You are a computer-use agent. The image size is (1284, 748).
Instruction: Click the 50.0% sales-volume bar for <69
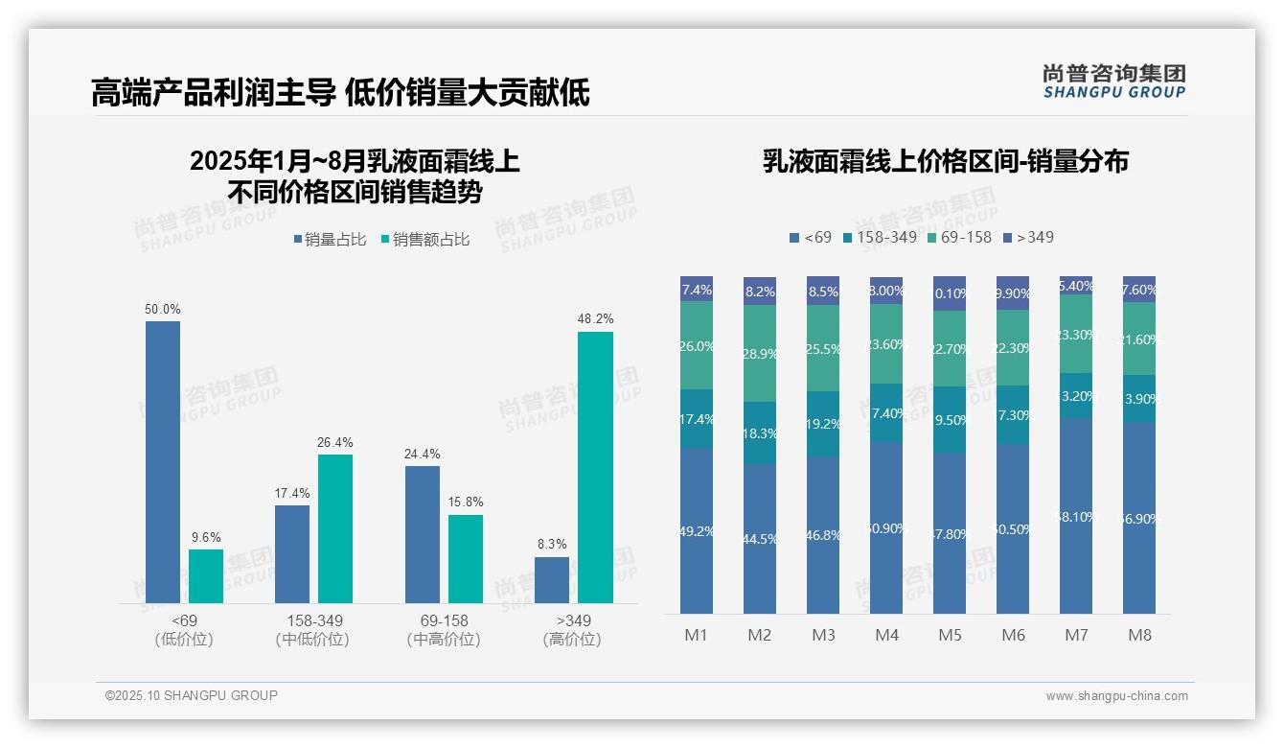coord(163,461)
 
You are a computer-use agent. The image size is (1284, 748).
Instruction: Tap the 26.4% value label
coord(335,442)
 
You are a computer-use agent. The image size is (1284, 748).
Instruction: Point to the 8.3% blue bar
coord(552,580)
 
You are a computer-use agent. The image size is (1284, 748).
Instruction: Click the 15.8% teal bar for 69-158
coord(466,559)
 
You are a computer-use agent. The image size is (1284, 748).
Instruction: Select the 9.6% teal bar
coord(206,576)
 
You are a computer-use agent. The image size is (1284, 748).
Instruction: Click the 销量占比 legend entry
coord(330,240)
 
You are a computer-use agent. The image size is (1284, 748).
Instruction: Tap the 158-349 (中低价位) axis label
coord(311,630)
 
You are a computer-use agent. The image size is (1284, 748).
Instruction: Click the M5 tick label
coord(950,635)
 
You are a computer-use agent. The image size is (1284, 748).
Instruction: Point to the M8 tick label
coord(1139,635)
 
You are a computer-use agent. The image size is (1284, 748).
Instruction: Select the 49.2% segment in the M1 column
coord(697,530)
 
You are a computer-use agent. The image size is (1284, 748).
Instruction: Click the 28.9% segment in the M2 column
coord(760,353)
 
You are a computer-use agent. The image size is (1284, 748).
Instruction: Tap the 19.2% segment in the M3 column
coord(823,423)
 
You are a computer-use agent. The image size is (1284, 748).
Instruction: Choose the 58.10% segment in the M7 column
coord(1076,515)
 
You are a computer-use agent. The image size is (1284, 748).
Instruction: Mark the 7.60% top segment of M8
coord(1139,289)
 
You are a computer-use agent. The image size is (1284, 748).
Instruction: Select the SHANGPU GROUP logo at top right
coord(1113,82)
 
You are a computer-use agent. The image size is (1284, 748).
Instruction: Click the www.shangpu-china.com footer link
coord(1116,696)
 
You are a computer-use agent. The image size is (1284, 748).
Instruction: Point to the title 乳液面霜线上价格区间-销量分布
coord(945,161)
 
